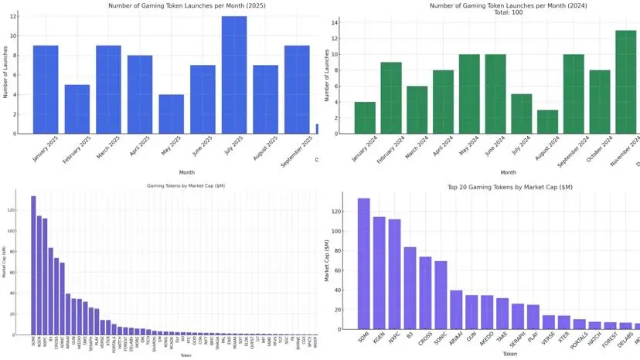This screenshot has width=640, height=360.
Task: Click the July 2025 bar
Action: [234, 75]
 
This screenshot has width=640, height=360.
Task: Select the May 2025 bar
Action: [172, 114]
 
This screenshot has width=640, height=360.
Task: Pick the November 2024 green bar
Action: [627, 82]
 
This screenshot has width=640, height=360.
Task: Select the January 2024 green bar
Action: [365, 118]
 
